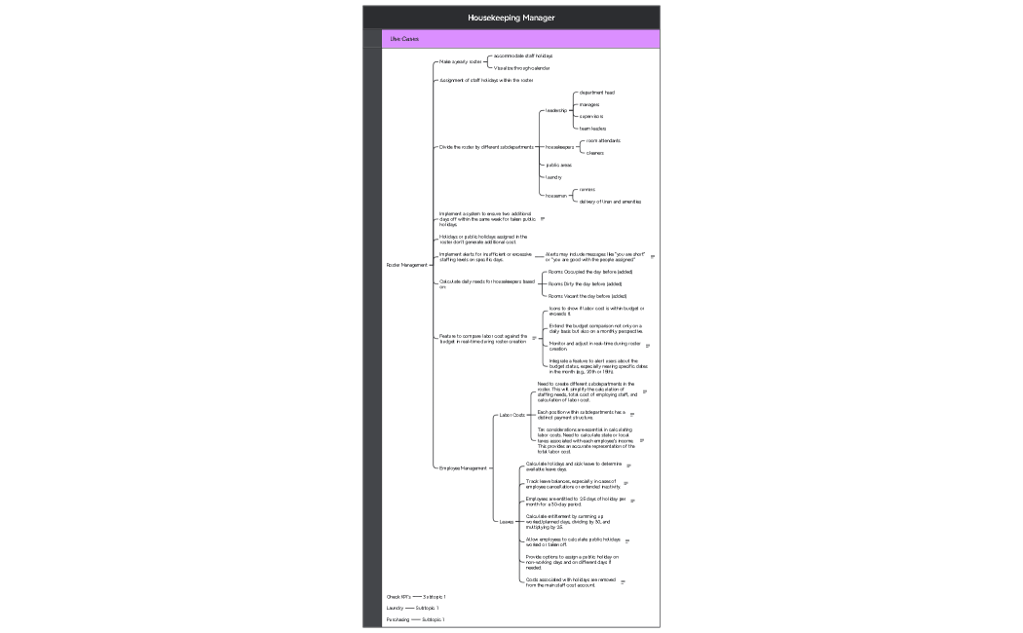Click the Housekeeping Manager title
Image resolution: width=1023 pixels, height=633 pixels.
pyautogui.click(x=511, y=18)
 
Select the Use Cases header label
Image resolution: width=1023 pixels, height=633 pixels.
pyautogui.click(x=404, y=39)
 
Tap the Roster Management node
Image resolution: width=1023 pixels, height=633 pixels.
pyautogui.click(x=406, y=265)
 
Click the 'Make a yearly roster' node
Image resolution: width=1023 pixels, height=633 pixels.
pyautogui.click(x=460, y=61)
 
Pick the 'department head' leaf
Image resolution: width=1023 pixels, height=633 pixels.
pyautogui.click(x=596, y=93)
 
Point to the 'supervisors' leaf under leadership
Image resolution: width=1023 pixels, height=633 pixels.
pyautogui.click(x=590, y=116)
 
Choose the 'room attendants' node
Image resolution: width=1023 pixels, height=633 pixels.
pyautogui.click(x=603, y=140)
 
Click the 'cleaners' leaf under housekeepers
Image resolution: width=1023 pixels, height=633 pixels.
pyautogui.click(x=594, y=153)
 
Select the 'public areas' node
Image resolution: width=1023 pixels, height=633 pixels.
pyautogui.click(x=558, y=165)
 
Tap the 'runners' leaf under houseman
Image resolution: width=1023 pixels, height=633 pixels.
pyautogui.click(x=587, y=190)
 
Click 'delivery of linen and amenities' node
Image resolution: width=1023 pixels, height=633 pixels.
pyautogui.click(x=610, y=202)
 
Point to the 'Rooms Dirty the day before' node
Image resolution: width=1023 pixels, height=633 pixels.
pyautogui.click(x=585, y=283)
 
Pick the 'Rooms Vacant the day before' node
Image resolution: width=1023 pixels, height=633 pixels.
pyautogui.click(x=587, y=296)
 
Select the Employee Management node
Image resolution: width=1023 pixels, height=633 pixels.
pyautogui.click(x=463, y=468)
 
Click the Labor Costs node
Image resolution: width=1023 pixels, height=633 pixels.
pyautogui.click(x=511, y=415)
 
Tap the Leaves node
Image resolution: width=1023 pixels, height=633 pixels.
pyautogui.click(x=506, y=521)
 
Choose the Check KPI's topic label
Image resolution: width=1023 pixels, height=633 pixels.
pyautogui.click(x=398, y=596)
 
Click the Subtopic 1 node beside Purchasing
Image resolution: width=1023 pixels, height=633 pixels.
pyautogui.click(x=433, y=619)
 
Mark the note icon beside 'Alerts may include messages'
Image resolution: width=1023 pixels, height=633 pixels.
pyautogui.click(x=653, y=257)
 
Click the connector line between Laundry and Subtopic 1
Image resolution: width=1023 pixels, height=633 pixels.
pyautogui.click(x=409, y=608)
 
